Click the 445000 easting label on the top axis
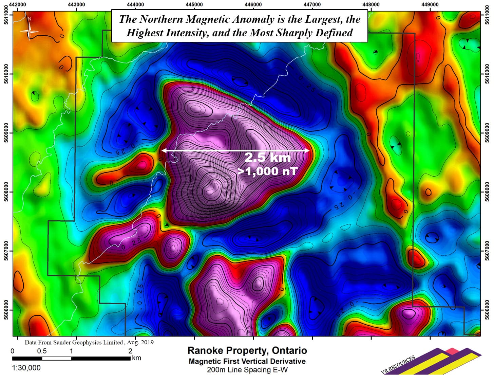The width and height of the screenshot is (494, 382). tap(194, 4)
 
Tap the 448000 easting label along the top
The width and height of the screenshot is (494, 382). tap(371, 4)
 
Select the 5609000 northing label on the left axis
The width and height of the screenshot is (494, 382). tap(6, 133)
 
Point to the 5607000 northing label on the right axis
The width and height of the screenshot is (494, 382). tap(488, 251)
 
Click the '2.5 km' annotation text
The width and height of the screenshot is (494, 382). tap(267, 158)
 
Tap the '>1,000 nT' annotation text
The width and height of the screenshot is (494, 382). tap(267, 171)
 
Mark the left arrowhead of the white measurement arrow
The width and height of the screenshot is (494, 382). tap(163, 150)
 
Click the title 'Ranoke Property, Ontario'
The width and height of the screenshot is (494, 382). tap(247, 350)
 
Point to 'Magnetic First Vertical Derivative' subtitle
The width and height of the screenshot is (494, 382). tap(247, 361)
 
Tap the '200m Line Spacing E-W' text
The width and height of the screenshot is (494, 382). tap(247, 370)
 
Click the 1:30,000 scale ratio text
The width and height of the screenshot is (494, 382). tap(26, 368)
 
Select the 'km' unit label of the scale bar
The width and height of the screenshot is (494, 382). tap(136, 358)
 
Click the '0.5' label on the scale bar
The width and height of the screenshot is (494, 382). tap(42, 351)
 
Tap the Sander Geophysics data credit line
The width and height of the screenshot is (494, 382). tap(89, 342)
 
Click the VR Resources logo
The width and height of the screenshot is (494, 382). tap(431, 362)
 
